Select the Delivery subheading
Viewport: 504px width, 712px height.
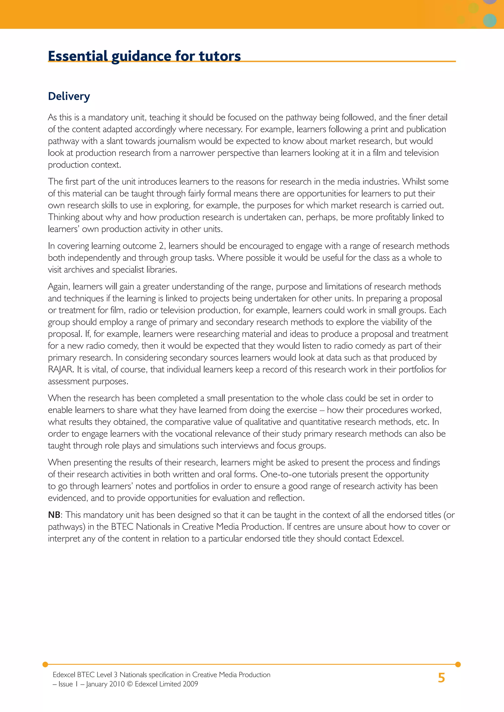tap(69, 96)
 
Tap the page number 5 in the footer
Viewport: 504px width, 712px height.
tap(441, 678)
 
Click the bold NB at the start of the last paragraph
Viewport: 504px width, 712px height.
tap(54, 515)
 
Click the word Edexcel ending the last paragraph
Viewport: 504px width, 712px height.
tap(388, 539)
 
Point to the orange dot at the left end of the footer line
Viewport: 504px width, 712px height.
tap(45, 664)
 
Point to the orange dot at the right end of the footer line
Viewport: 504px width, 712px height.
tap(458, 664)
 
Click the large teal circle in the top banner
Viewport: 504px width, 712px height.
tap(490, 20)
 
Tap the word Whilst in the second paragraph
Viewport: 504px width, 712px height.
tap(412, 182)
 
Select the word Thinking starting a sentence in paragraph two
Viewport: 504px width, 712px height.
tap(64, 217)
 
